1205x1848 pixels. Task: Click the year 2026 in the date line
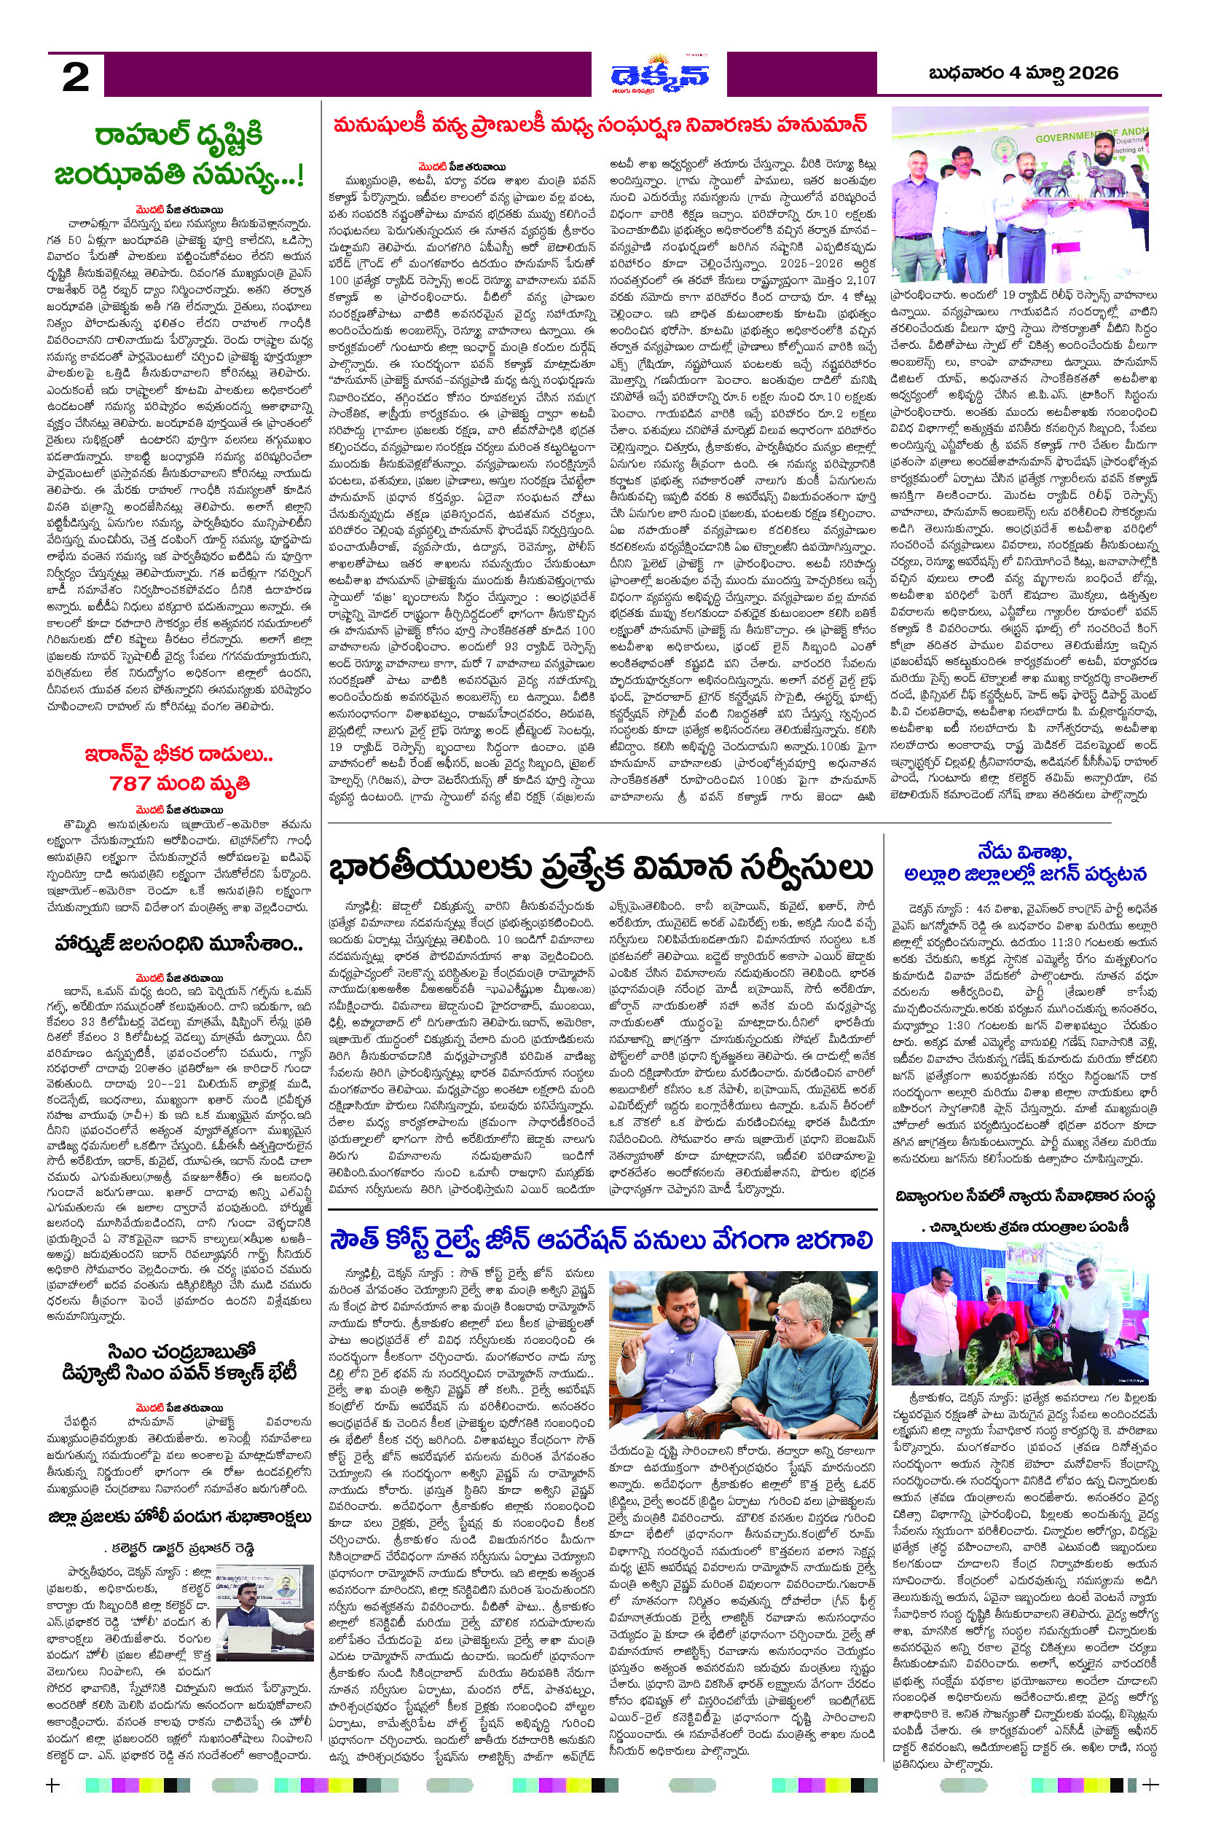click(1094, 73)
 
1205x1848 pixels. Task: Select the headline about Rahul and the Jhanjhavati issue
click(179, 155)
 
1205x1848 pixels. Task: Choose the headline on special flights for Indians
click(602, 869)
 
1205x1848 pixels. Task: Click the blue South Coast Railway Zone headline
click(602, 1240)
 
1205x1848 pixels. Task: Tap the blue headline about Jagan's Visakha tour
click(1025, 862)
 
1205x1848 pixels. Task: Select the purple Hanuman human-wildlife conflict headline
click(600, 125)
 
